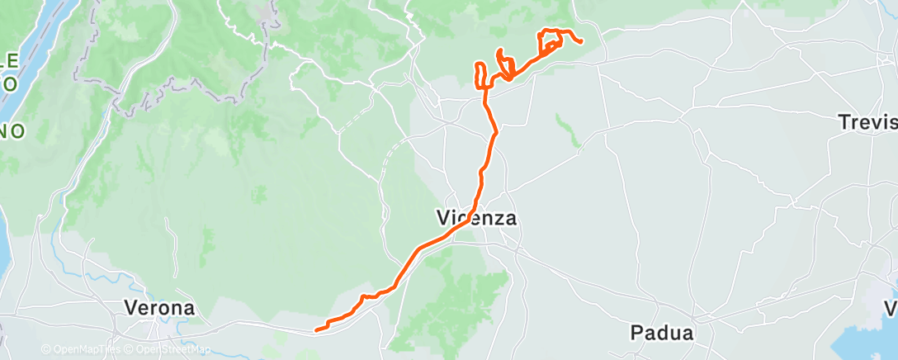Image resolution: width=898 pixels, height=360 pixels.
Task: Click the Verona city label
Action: click(x=160, y=307)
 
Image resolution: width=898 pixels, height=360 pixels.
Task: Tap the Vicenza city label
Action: click(x=476, y=218)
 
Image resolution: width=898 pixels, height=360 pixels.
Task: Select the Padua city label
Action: click(x=660, y=333)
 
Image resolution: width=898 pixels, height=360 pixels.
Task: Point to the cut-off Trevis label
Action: click(x=867, y=122)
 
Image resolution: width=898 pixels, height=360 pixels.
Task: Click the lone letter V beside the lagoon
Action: click(x=891, y=308)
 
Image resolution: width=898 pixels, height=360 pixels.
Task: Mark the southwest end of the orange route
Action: click(x=317, y=330)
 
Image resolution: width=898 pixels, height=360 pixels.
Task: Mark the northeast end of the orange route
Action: click(x=582, y=41)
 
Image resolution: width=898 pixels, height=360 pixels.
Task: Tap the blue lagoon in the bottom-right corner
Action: click(x=867, y=339)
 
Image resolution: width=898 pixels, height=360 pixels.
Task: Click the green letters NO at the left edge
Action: click(x=12, y=130)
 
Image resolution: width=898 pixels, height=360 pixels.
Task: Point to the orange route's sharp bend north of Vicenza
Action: click(x=495, y=132)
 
